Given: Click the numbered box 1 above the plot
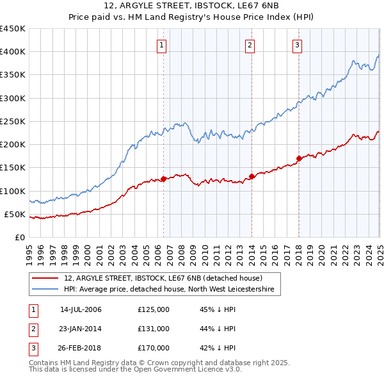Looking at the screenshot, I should (162, 45).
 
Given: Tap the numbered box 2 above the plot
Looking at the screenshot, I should (250, 45).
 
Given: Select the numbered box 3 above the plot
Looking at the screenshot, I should (298, 45).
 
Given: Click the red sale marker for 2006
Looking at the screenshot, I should (163, 179).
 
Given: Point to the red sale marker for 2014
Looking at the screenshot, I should (252, 176).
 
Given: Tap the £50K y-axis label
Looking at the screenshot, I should (15, 214).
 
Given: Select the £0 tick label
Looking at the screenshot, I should (20, 237).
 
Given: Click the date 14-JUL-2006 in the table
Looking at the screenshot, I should (81, 310).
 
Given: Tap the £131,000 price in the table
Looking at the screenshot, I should (153, 329).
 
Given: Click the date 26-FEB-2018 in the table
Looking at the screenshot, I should (81, 348).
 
